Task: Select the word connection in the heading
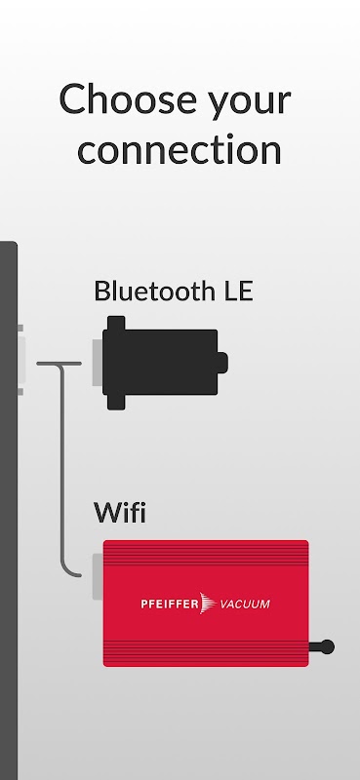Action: [x=180, y=150]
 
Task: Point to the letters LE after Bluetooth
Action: [x=238, y=291]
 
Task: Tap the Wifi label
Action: [x=119, y=513]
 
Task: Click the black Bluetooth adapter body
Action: [x=160, y=362]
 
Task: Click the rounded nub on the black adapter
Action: [x=222, y=363]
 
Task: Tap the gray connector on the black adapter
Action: [x=98, y=363]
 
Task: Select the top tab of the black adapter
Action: [x=116, y=323]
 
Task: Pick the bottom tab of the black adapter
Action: [x=116, y=403]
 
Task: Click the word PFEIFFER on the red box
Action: [x=170, y=604]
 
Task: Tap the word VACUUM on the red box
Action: [x=245, y=604]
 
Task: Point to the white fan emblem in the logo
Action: [x=208, y=604]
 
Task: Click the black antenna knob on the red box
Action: [x=327, y=646]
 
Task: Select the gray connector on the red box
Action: [x=98, y=577]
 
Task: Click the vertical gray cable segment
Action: [x=63, y=468]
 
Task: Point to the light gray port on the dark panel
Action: [x=20, y=360]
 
